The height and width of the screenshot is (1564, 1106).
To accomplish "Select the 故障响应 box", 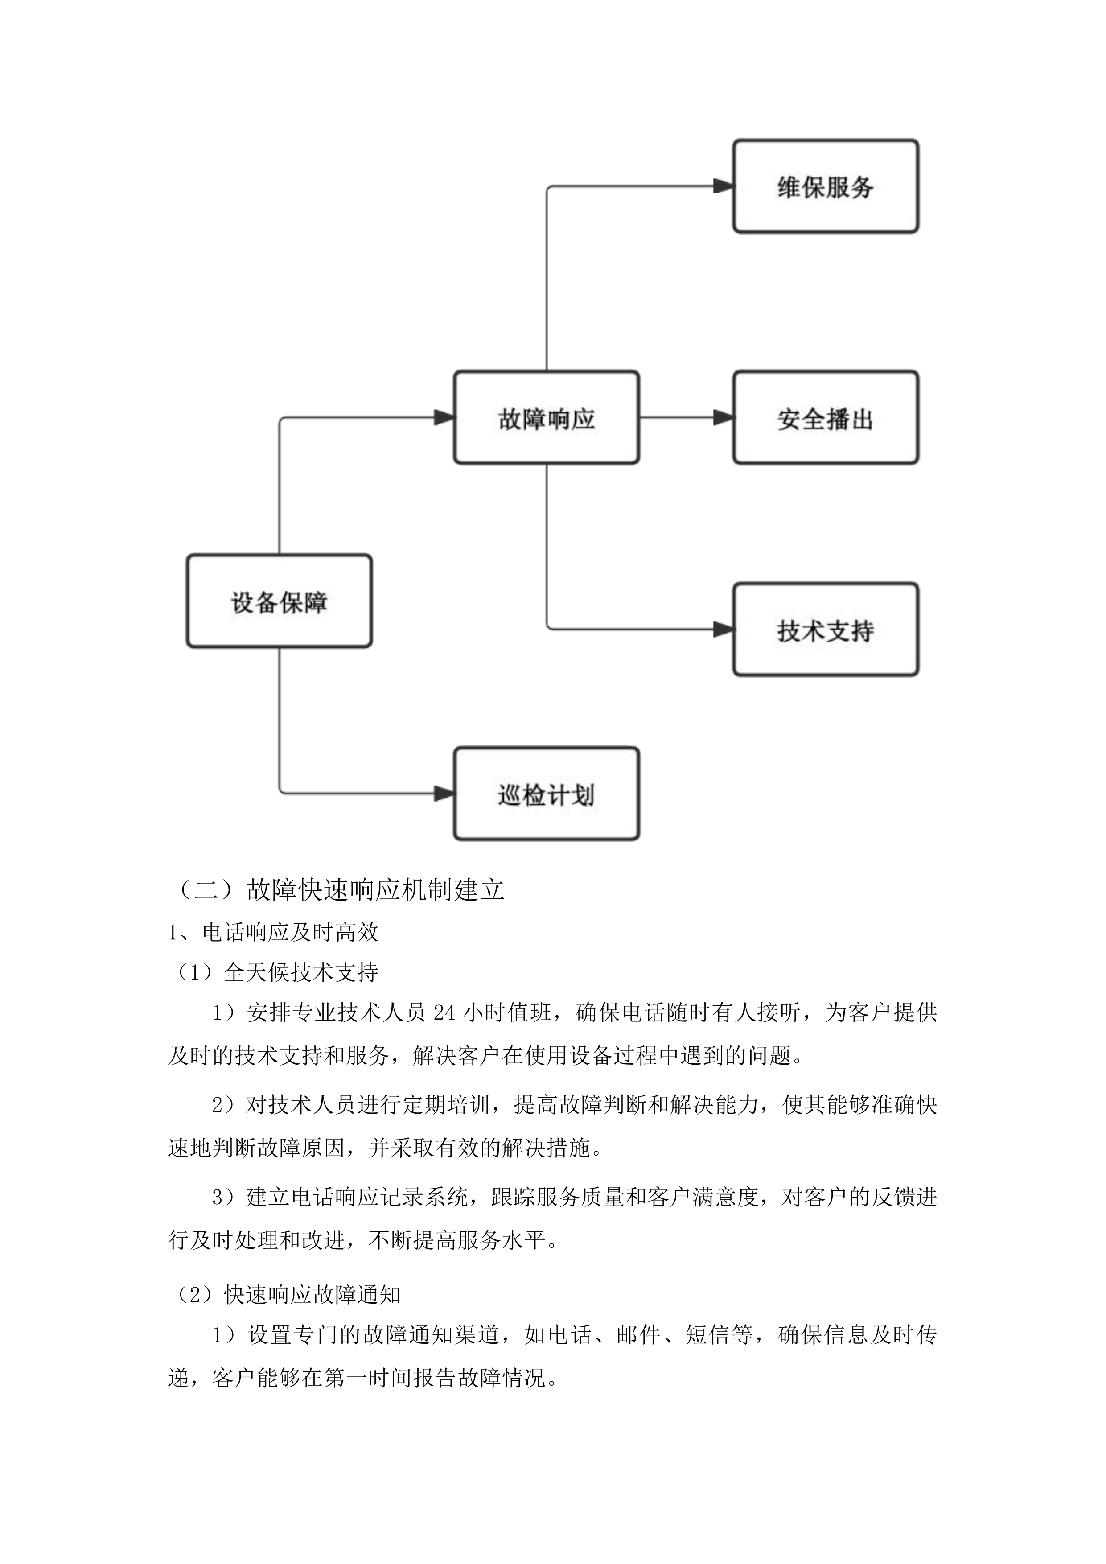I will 546,418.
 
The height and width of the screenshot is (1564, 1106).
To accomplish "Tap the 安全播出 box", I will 826,418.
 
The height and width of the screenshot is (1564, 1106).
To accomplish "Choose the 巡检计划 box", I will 546,794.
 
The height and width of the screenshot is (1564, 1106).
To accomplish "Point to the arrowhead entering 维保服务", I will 723,186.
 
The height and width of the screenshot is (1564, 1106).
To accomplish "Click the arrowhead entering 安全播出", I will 723,418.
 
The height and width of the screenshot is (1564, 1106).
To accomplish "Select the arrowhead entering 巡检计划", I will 444,794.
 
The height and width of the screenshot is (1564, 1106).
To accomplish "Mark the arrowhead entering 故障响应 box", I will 444,418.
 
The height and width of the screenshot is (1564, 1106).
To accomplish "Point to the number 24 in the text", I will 444,1013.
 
